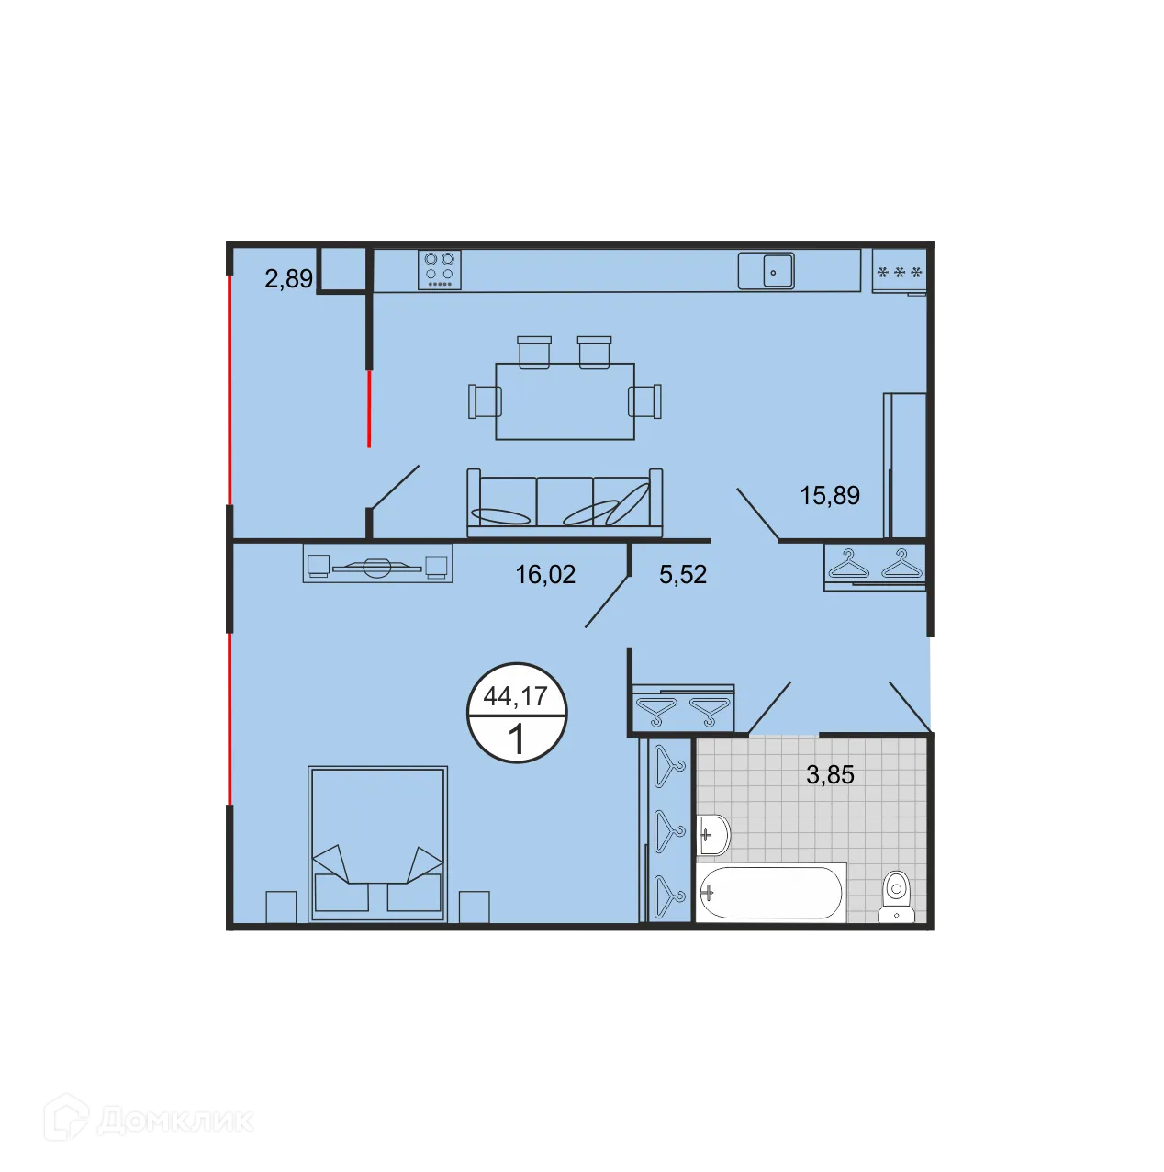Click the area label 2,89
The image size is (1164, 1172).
(x=288, y=278)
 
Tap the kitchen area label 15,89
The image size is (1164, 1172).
(x=830, y=496)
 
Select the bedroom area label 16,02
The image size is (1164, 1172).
(x=545, y=575)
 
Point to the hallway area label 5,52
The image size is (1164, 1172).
(x=683, y=575)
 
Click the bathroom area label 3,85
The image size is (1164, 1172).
(x=830, y=775)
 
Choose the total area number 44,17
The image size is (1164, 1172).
(x=516, y=696)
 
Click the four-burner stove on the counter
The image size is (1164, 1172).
(x=440, y=270)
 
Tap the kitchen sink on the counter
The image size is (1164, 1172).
(x=767, y=271)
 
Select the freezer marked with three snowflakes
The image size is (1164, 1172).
(x=899, y=272)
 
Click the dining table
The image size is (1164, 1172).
(x=565, y=401)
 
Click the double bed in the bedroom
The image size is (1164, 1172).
(x=377, y=842)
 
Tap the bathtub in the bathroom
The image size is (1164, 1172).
(x=769, y=891)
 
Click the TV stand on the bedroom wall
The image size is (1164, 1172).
(x=377, y=564)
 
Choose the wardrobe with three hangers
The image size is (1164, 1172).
(x=669, y=829)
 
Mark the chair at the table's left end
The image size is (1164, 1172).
(x=484, y=401)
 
